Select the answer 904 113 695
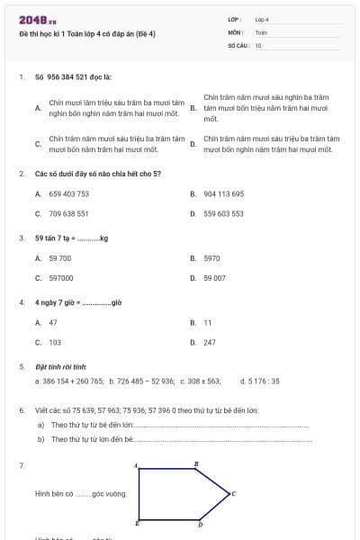[x=223, y=193]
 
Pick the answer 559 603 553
[x=223, y=214]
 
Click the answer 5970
[x=211, y=258]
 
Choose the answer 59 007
[x=214, y=278]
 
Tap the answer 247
[x=210, y=343]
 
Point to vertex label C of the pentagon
[x=233, y=493]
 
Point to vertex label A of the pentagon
[x=136, y=465]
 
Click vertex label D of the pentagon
[x=200, y=524]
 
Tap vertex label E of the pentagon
[x=137, y=523]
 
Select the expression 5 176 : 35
[x=260, y=381]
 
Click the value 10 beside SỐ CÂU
[x=258, y=45]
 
